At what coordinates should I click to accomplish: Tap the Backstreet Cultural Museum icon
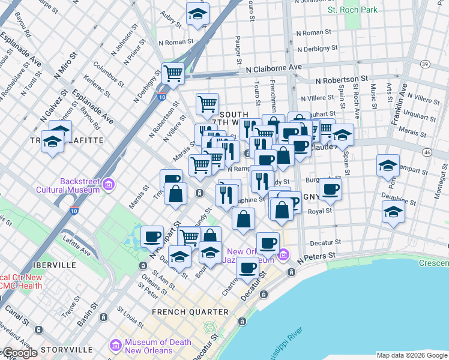coord(109,184)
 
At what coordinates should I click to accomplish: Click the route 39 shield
coord(424,64)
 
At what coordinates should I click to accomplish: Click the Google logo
coord(20,353)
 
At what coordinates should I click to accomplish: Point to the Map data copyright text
coord(412,355)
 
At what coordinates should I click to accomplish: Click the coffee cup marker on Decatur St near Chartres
coord(247,268)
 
